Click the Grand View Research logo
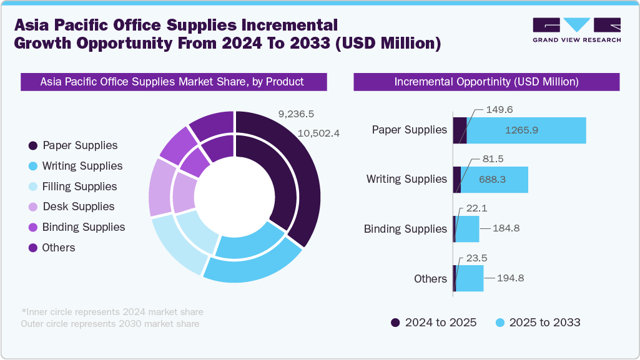click(x=576, y=30)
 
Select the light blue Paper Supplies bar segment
click(x=526, y=130)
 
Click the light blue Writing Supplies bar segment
click(x=494, y=180)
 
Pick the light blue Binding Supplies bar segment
click(x=467, y=229)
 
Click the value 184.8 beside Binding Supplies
click(x=506, y=229)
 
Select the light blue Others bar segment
click(x=470, y=278)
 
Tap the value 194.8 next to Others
click(x=511, y=278)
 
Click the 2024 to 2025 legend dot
click(x=395, y=323)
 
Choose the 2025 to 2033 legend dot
click(x=499, y=323)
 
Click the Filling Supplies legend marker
click(x=32, y=187)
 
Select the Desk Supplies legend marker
click(x=32, y=207)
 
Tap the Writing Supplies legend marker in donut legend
click(x=32, y=166)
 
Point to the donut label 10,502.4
click(x=318, y=133)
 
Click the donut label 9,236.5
click(x=297, y=114)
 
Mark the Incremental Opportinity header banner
click(x=486, y=82)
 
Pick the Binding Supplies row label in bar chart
click(x=405, y=229)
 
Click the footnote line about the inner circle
click(x=112, y=312)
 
